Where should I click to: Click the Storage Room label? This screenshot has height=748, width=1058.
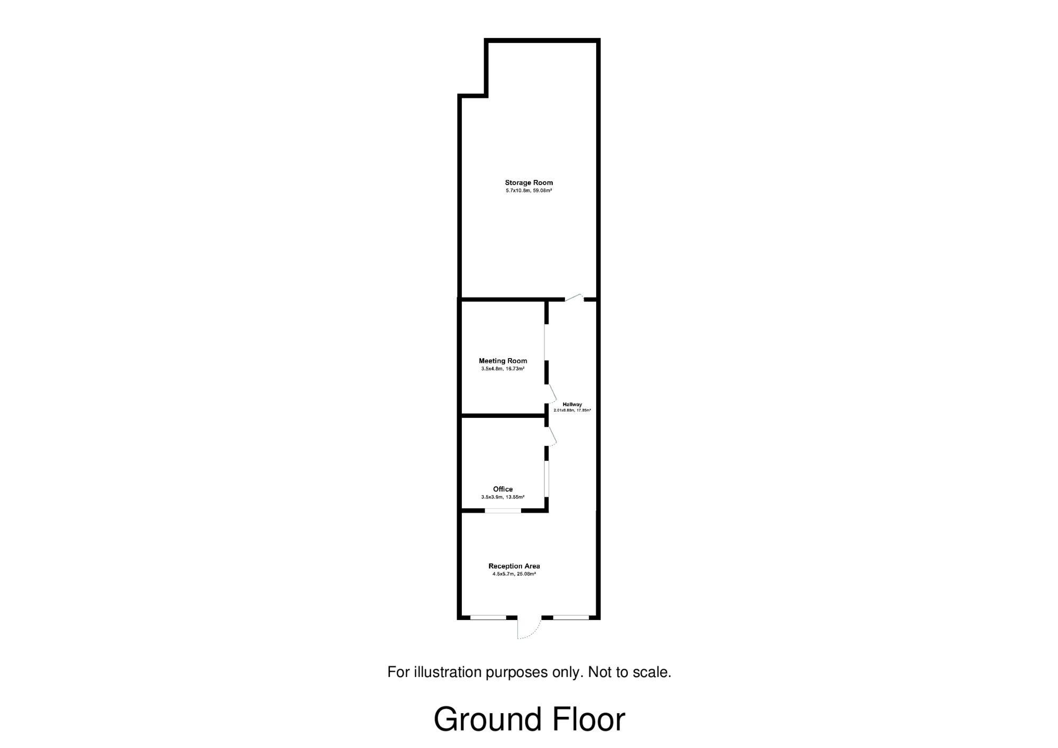click(529, 183)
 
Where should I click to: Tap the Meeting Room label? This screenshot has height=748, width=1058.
click(503, 361)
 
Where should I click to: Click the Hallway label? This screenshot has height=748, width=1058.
click(572, 404)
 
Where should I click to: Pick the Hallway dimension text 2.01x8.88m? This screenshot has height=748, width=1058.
click(563, 410)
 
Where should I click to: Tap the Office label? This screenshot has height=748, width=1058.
click(503, 489)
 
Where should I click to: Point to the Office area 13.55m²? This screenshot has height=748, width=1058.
click(515, 497)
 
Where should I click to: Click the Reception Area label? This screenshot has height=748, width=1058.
click(514, 566)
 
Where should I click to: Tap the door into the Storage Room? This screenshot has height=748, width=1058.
click(574, 297)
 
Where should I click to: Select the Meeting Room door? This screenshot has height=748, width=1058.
click(551, 395)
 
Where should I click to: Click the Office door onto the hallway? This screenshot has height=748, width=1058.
click(551, 436)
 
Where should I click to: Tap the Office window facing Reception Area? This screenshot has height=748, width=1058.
click(503, 510)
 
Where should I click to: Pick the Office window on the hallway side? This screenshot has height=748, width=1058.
click(547, 479)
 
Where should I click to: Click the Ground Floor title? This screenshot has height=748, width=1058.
click(529, 720)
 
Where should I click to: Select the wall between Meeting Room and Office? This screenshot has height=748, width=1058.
click(503, 416)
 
